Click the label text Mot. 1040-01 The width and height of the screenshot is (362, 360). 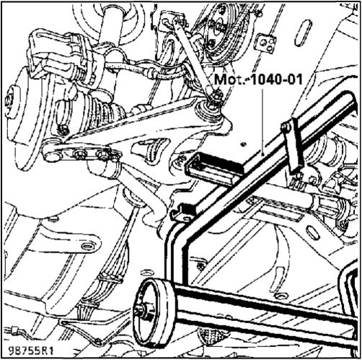pyautogui.click(x=258, y=79)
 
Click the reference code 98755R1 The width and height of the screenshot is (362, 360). pyautogui.click(x=30, y=351)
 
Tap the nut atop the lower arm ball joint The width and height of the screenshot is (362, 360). pyautogui.click(x=216, y=96)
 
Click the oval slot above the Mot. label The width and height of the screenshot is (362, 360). pyautogui.click(x=303, y=32)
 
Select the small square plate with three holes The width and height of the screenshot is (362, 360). pyautogui.click(x=266, y=44)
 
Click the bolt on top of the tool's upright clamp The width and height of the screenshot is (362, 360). pyautogui.click(x=285, y=127)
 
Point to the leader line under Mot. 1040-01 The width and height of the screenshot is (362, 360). pyautogui.click(x=263, y=121)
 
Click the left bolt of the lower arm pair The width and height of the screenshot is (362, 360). pyautogui.click(x=79, y=154)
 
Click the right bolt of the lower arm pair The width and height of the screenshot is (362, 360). pyautogui.click(x=102, y=154)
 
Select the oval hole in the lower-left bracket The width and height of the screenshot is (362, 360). pyautogui.click(x=87, y=246)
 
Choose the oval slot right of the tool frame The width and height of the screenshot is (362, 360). pyautogui.click(x=312, y=232)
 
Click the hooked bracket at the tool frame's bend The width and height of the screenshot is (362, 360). pyautogui.click(x=182, y=212)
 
